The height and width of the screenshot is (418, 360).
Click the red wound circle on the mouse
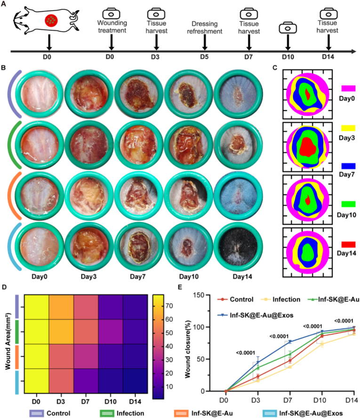pyautogui.click(x=52, y=21)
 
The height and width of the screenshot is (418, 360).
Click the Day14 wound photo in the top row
pyautogui.click(x=236, y=92)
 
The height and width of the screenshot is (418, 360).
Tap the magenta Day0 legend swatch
pyautogui.click(x=346, y=88)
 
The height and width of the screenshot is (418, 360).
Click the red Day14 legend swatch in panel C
pyautogui.click(x=346, y=244)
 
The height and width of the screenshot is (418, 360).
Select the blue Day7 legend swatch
pyautogui.click(x=346, y=166)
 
